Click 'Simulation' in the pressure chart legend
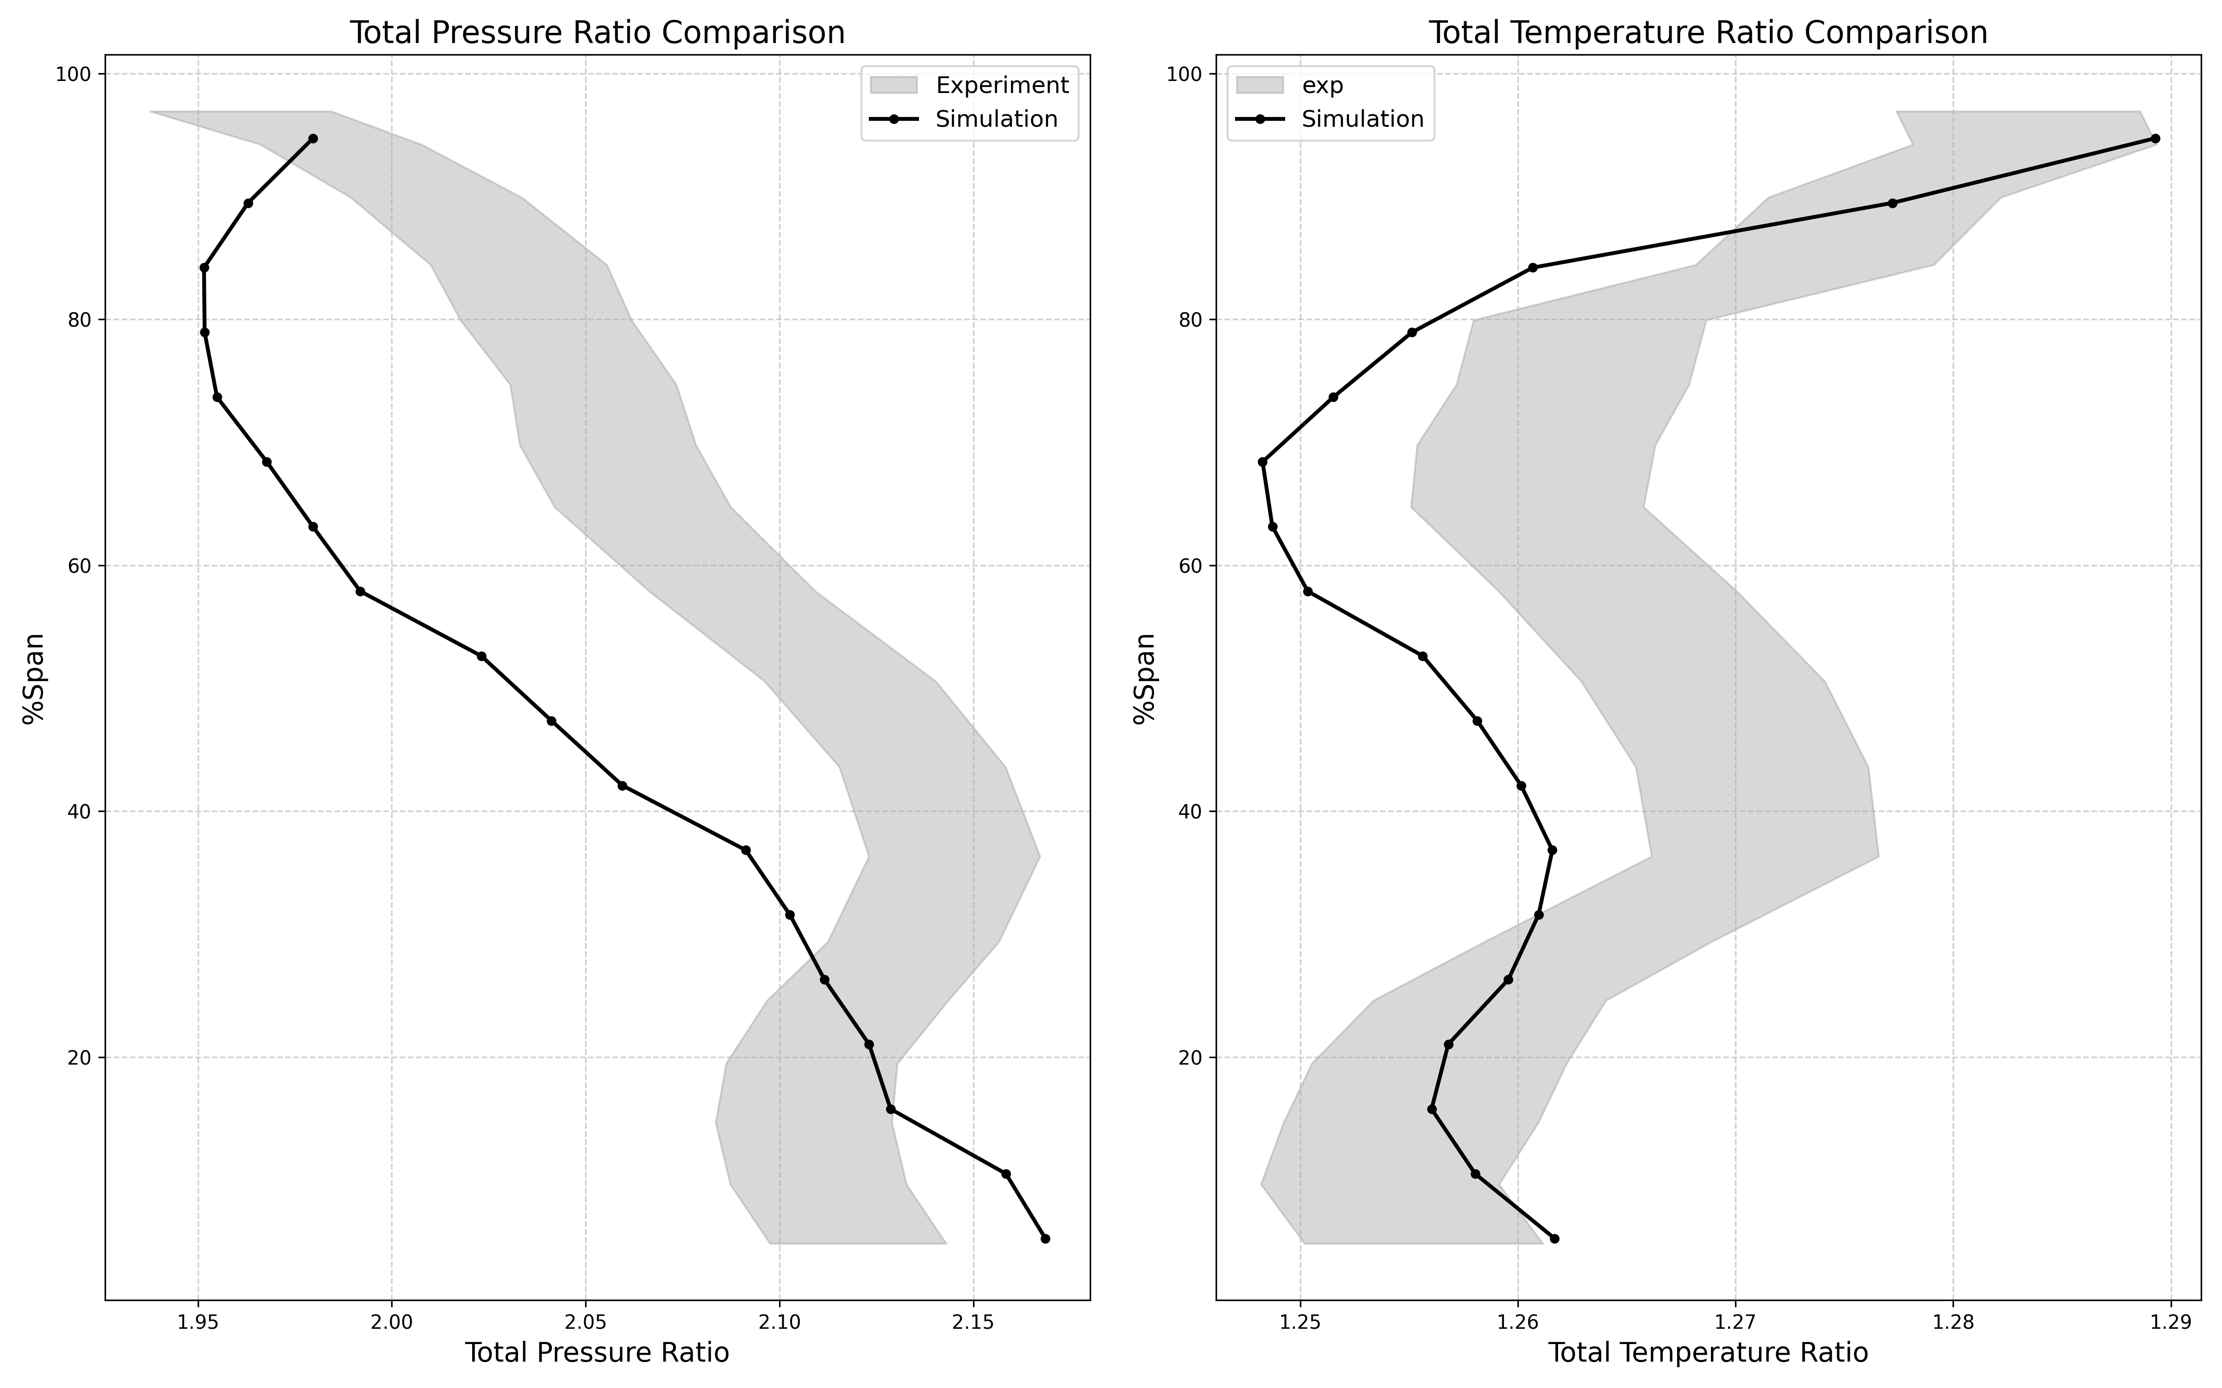click(996, 119)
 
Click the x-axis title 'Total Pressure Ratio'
click(597, 1353)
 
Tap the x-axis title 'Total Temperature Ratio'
click(1708, 1353)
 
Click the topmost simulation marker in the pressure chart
click(313, 139)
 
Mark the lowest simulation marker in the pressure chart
click(1045, 1239)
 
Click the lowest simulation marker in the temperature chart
click(1554, 1239)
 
